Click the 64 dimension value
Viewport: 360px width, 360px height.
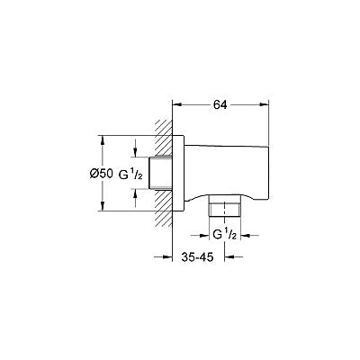point(220,104)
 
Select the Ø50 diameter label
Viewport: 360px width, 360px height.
point(102,174)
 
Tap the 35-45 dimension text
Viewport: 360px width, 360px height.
point(197,256)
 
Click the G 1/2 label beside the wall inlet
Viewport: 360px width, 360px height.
point(130,175)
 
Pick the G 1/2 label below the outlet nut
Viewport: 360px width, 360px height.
point(225,235)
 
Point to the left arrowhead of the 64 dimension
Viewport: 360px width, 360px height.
point(178,104)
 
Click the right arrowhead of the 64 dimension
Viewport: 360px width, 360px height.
point(264,104)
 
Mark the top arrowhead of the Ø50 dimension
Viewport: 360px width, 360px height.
point(103,140)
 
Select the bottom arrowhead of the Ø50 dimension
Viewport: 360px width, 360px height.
point(103,206)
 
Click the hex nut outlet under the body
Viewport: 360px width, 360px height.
point(225,206)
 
